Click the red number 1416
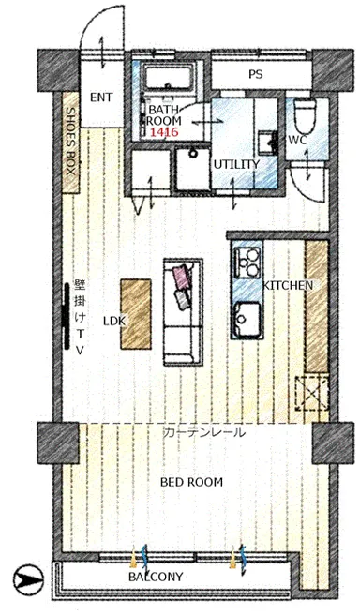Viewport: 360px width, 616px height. click(x=164, y=132)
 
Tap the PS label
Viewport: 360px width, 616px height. click(x=256, y=74)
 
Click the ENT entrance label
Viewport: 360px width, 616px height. click(x=101, y=98)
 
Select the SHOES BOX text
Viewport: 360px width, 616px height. click(x=70, y=142)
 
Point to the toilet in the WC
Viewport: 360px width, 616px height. click(x=306, y=115)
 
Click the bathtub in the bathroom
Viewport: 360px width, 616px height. click(x=168, y=77)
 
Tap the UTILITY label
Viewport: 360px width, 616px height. click(x=236, y=164)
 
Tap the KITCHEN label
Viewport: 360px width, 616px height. click(x=288, y=285)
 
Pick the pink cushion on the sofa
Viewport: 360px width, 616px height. click(x=182, y=277)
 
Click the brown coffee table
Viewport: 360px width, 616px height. click(x=136, y=314)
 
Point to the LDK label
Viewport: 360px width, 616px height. click(x=114, y=321)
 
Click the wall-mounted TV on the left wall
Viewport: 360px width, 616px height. click(x=66, y=316)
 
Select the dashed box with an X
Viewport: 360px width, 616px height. click(x=312, y=393)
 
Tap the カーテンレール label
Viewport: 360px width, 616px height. click(x=204, y=432)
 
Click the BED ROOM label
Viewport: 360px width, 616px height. click(x=191, y=482)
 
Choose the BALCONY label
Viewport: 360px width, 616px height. click(x=156, y=577)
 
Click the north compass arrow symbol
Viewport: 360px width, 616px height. click(x=28, y=578)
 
